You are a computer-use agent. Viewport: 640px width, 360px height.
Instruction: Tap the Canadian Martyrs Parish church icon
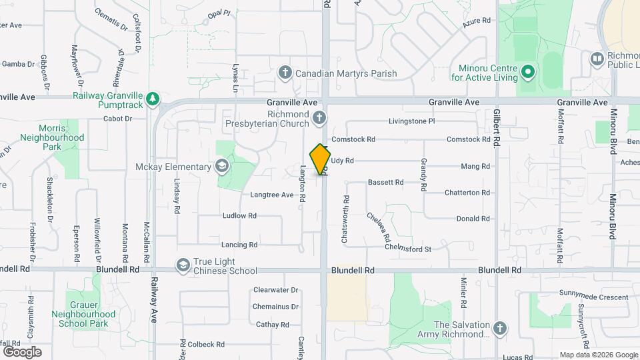point(285,73)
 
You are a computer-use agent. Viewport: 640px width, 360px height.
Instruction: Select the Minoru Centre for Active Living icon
point(527,71)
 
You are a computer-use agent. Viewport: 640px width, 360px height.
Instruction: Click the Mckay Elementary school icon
point(221,166)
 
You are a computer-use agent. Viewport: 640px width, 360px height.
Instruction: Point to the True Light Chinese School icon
point(182,265)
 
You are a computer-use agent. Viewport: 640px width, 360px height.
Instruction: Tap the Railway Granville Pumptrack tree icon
point(153,99)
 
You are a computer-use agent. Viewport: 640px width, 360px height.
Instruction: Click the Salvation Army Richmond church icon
point(499,328)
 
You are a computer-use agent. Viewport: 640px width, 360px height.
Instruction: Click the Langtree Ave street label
point(271,195)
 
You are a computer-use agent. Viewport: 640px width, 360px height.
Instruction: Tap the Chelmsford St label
point(409,249)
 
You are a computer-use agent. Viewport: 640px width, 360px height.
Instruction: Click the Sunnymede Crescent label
point(584,297)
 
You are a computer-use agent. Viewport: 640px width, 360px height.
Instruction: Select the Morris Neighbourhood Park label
point(61,137)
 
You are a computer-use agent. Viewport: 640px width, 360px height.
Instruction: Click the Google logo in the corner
point(22,351)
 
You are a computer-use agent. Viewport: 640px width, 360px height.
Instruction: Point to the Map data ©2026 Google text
point(598,355)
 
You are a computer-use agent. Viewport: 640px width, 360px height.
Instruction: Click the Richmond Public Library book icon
point(597,60)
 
